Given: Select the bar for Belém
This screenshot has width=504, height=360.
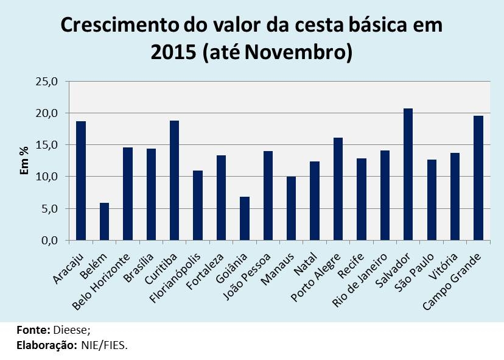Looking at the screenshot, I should [105, 222].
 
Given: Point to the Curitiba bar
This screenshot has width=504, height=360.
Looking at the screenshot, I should [175, 180].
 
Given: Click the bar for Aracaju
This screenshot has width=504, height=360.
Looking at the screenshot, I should [81, 180].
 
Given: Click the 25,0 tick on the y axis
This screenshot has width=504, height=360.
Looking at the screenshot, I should [46, 82].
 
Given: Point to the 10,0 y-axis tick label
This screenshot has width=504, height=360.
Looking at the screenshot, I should [46, 177].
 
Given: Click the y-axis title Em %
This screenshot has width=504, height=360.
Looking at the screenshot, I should [24, 161].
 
